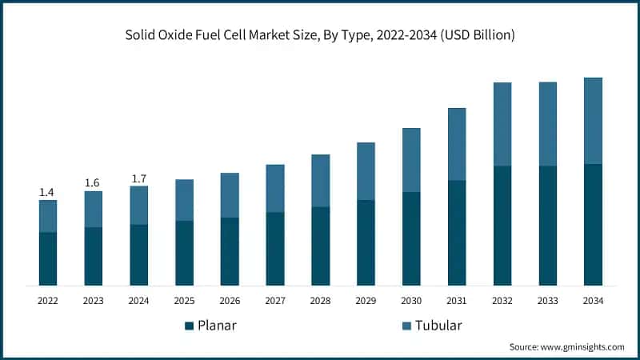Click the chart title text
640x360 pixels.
coord(320,35)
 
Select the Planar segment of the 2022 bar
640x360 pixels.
coord(48,258)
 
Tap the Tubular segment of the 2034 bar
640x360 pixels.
coord(593,121)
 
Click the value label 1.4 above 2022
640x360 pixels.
coord(48,193)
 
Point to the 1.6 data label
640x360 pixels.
coord(94,183)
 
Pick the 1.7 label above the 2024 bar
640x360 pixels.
coord(138,178)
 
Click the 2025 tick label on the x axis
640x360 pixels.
coord(184,301)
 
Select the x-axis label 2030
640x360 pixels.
coord(411,301)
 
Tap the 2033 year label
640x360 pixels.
coord(547,301)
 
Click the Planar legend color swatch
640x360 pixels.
coord(190,326)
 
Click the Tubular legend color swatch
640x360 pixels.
coord(406,326)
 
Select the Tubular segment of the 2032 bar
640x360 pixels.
coord(502,124)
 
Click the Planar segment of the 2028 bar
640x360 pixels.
coord(320,246)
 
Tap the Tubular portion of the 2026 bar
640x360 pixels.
coord(230,195)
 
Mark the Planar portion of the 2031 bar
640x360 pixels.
coord(457,233)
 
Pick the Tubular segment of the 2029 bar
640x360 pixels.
coord(366,171)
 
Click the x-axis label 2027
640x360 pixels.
coord(275,301)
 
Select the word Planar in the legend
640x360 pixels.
coord(218,326)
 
